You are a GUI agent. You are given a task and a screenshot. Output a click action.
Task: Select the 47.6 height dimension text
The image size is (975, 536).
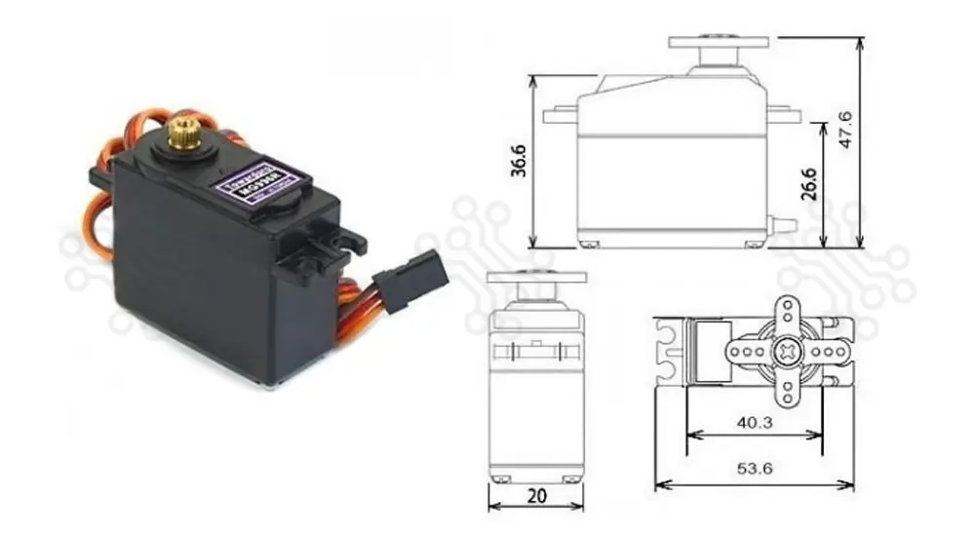tap(846, 130)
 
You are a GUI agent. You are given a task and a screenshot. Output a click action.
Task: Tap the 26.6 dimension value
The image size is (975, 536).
tap(808, 182)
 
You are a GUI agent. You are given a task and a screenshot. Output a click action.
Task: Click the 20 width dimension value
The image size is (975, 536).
tap(535, 494)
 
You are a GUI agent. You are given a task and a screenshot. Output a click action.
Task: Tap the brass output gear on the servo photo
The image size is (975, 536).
tap(182, 131)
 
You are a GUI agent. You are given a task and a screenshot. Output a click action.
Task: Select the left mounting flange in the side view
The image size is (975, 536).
tap(561, 115)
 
